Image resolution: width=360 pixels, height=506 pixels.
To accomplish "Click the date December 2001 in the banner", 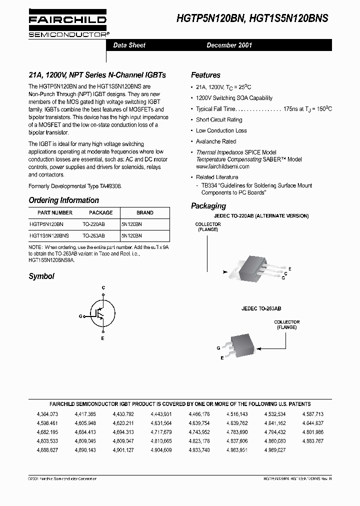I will [x=229, y=45].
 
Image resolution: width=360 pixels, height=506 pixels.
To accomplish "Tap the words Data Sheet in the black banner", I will [x=129, y=45].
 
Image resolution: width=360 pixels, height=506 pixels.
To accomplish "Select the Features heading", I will [x=205, y=75].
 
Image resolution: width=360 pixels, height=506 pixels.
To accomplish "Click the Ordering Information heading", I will [x=63, y=200].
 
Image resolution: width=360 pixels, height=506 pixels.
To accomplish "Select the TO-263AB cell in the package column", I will [x=93, y=235].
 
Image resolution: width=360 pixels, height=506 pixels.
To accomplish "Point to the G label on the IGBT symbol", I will [x=80, y=316].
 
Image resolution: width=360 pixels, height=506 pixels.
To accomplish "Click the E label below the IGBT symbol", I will [x=103, y=339].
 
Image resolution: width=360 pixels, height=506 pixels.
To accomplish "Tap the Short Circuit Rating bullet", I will [x=219, y=119].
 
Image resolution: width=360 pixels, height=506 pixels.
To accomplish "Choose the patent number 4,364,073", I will [x=47, y=414].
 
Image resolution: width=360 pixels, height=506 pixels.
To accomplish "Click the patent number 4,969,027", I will [x=275, y=450].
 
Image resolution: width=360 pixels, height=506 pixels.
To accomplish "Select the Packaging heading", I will [x=208, y=206].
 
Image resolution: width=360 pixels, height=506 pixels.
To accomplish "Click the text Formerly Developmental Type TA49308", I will [x=74, y=185].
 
